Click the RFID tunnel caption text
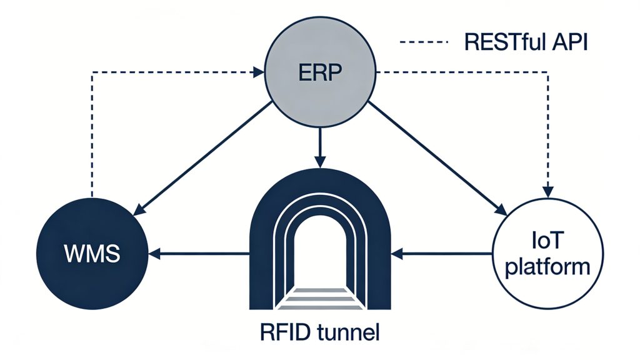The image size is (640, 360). [320, 331]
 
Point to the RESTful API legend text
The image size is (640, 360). [526, 42]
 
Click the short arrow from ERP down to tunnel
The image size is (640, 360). [320, 147]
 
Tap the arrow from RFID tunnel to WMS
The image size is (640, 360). [200, 254]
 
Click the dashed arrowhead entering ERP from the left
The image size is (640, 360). [258, 73]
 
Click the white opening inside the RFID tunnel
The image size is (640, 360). [320, 256]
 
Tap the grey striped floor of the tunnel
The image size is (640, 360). [320, 299]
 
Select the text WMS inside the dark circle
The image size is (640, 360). [93, 254]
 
